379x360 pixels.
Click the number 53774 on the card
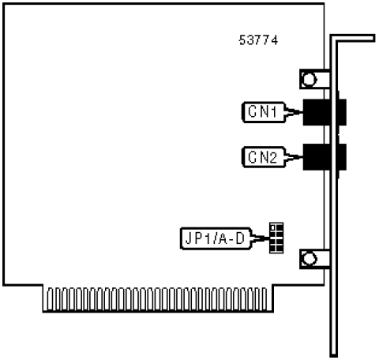tap(258, 40)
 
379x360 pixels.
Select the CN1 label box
tap(264, 112)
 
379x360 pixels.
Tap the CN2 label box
tap(264, 157)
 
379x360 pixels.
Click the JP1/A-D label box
tap(216, 238)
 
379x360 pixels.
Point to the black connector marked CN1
tap(325, 112)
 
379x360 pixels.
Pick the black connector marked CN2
tap(325, 157)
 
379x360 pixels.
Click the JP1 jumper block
tap(276, 238)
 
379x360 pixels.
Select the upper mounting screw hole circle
tap(309, 79)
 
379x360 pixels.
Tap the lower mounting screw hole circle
tap(309, 259)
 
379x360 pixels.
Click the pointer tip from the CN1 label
tap(302, 112)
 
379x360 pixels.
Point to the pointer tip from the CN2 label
tap(302, 157)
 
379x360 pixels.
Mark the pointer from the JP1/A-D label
tap(261, 238)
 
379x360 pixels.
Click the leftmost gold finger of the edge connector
tap(50, 299)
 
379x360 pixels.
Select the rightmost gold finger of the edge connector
tap(264, 299)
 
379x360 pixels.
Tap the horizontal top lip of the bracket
tap(353, 38)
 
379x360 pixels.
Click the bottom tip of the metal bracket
tap(334, 356)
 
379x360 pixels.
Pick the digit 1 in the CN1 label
tap(274, 112)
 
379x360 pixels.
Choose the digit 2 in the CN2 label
tap(273, 157)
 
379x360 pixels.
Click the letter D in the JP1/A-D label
tap(240, 238)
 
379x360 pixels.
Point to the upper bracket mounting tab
tap(315, 79)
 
